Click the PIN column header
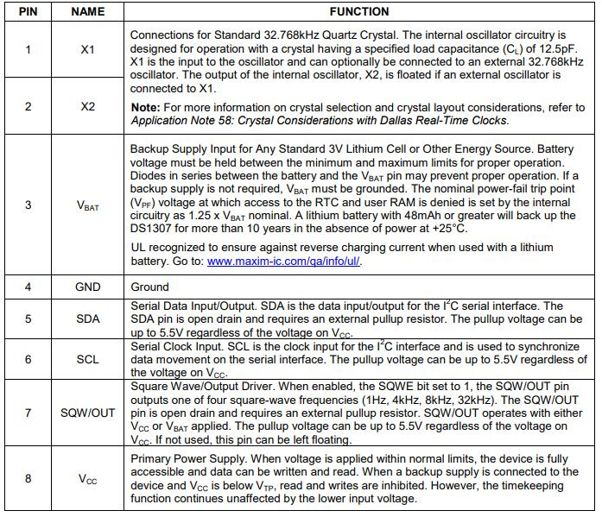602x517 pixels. pos(28,12)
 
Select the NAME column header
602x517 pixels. pos(87,12)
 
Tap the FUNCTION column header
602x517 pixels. pos(359,12)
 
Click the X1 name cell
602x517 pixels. pos(87,50)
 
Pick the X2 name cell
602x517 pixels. pos(87,106)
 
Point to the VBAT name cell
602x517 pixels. pos(87,205)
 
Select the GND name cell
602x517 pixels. pos(87,287)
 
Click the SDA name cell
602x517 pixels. pos(87,318)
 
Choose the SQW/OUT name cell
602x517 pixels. pos(87,413)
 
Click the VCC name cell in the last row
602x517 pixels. pos(87,479)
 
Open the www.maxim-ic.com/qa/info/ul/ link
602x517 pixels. pos(284,262)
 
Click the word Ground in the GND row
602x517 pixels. pos(150,287)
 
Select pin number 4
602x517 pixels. pos(28,287)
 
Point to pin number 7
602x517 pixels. pos(28,413)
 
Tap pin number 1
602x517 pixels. pos(28,50)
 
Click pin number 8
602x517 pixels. pos(28,479)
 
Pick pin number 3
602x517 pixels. pos(28,205)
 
